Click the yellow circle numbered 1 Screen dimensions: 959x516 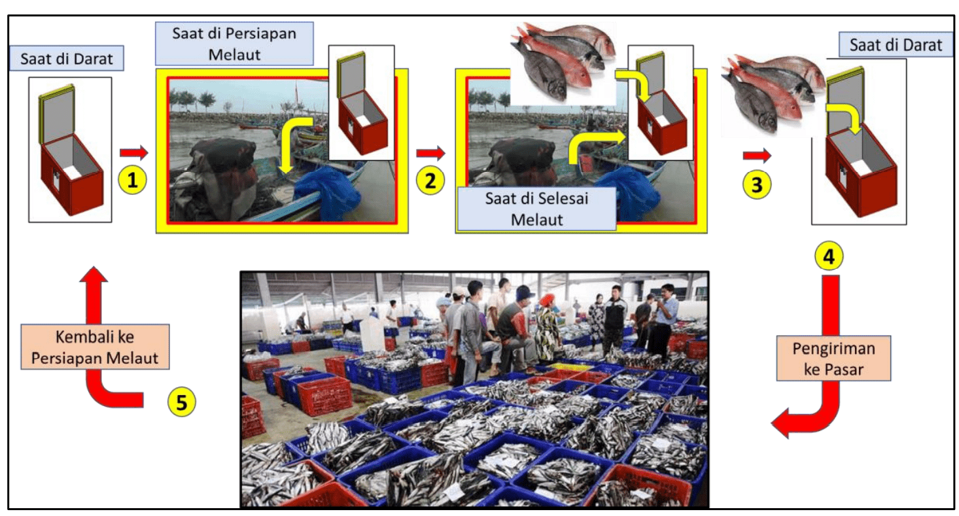(132, 180)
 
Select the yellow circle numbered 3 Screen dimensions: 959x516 (756, 184)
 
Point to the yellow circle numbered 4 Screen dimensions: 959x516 (829, 256)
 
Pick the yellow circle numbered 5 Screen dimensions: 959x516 (181, 402)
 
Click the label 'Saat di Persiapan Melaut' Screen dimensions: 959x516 (234, 44)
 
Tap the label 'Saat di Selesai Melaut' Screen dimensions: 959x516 (537, 209)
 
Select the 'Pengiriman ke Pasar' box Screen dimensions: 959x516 (833, 358)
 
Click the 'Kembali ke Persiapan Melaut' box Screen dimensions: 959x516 (95, 347)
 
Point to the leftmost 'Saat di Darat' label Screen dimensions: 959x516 (67, 58)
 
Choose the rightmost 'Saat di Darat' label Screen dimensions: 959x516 (896, 44)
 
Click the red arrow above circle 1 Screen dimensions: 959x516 (133, 152)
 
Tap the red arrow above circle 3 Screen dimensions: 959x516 (757, 155)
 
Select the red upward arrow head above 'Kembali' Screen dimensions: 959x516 (94, 275)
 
